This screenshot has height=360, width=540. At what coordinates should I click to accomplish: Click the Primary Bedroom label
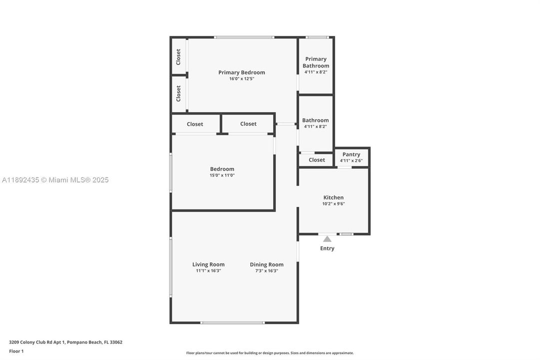[241, 72]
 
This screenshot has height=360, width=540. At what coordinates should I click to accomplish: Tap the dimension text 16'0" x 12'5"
[241, 79]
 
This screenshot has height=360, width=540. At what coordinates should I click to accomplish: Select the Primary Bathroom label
[316, 62]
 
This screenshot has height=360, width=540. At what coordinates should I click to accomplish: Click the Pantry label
[351, 154]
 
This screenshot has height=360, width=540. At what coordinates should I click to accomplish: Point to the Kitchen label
[333, 197]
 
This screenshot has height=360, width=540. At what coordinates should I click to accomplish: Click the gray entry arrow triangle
[327, 239]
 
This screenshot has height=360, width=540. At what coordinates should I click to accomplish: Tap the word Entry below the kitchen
[327, 248]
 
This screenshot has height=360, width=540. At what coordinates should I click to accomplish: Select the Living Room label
[208, 264]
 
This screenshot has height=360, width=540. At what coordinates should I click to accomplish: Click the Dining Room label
[266, 264]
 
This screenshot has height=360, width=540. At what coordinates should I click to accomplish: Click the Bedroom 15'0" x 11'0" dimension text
[222, 175]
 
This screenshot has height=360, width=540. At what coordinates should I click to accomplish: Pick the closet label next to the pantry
[317, 160]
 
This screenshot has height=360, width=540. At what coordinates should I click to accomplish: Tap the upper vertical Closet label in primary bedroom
[178, 56]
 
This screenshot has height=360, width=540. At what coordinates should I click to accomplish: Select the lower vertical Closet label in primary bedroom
[178, 93]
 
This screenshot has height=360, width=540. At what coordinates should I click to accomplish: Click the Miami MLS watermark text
[54, 180]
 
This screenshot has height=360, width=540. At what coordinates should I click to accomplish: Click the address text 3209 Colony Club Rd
[65, 342]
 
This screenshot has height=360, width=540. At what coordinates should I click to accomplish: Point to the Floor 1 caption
[16, 351]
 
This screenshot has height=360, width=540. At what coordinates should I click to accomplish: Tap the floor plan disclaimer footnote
[270, 353]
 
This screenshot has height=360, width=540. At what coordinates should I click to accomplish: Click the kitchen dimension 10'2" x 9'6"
[333, 203]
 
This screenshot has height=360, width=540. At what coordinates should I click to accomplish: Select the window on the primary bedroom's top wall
[244, 37]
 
